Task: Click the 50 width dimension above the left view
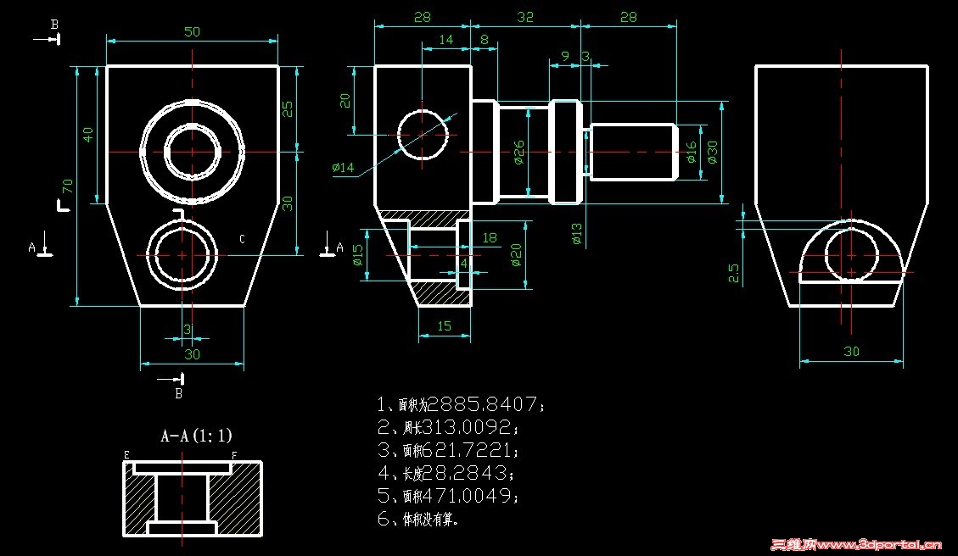point(193,31)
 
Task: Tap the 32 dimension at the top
point(525,17)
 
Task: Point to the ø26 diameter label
point(518,151)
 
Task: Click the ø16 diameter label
point(691,153)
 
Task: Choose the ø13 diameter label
point(577,233)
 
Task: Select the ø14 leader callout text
point(343,167)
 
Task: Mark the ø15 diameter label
point(357,255)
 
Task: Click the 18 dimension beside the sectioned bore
point(490,238)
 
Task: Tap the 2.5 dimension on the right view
point(735,272)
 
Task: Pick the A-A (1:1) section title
point(196,436)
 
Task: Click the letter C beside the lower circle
point(242,240)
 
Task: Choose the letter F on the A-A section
point(233,455)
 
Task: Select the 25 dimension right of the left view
point(288,108)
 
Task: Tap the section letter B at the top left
point(54,24)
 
